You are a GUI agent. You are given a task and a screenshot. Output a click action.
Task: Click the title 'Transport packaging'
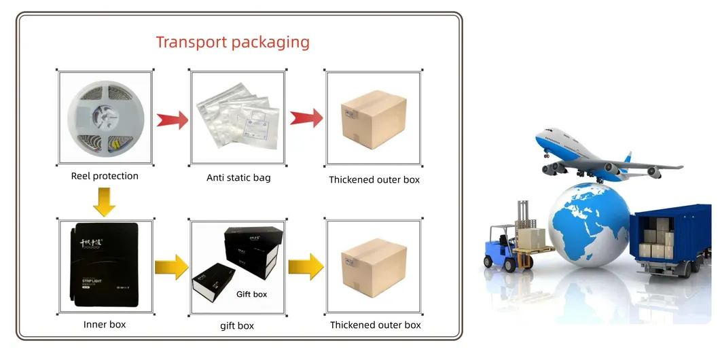click(232, 42)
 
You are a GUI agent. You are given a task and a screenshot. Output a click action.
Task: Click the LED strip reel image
click(105, 118)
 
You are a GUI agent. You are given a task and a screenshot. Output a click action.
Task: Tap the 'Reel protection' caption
click(105, 176)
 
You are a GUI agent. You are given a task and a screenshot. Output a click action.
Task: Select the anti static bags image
click(238, 118)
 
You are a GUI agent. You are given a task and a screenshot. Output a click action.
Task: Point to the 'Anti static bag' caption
click(238, 179)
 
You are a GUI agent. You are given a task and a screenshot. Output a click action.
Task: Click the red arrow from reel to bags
click(172, 120)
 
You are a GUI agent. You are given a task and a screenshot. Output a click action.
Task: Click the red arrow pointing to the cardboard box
click(305, 118)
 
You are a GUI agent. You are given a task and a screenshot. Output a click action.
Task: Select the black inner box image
click(105, 266)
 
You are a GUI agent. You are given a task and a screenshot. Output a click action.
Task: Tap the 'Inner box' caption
click(105, 325)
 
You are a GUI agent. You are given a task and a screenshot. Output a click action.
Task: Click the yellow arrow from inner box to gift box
click(171, 266)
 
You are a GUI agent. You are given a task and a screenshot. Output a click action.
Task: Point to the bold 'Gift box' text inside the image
click(251, 294)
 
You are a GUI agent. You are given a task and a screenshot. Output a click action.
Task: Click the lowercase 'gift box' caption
click(237, 326)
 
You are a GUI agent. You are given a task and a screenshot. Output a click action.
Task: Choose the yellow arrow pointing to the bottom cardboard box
click(305, 266)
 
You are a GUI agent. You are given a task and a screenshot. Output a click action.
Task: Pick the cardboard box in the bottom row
click(374, 266)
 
